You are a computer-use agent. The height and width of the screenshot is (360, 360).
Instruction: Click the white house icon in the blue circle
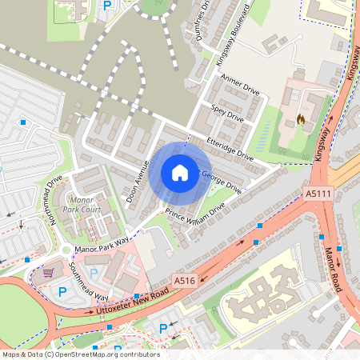179,172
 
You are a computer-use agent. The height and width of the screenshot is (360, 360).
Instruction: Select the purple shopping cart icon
48,271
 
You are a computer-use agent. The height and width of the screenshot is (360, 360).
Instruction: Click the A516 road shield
185,281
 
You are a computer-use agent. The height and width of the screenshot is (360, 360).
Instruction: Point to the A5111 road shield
318,194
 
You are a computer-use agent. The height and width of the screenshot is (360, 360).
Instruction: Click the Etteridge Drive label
230,148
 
